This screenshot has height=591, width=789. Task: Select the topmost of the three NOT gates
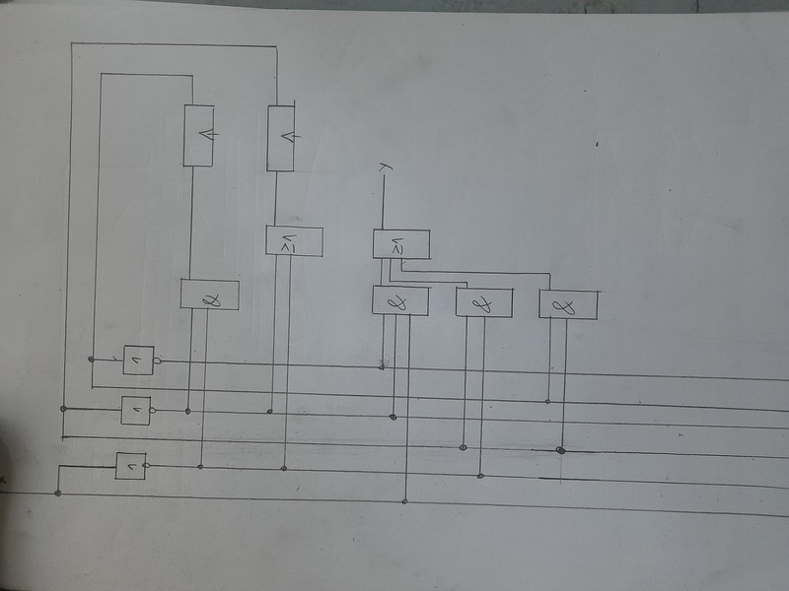[138, 361]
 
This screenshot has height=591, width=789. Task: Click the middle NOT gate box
[135, 409]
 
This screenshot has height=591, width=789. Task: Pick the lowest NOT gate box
[130, 465]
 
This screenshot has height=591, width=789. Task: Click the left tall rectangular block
[199, 135]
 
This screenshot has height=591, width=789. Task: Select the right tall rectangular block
[281, 137]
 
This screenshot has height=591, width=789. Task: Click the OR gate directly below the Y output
[400, 244]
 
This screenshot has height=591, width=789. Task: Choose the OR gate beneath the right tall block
[294, 241]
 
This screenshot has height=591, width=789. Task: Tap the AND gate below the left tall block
[209, 295]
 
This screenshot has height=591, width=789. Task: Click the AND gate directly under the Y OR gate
[400, 300]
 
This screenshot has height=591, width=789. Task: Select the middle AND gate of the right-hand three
[484, 302]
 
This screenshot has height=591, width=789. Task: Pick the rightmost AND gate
[569, 303]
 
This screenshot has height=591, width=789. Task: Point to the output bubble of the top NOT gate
[159, 361]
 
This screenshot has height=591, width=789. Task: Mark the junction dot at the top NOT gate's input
[92, 358]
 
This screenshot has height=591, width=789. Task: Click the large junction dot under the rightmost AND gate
[560, 450]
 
